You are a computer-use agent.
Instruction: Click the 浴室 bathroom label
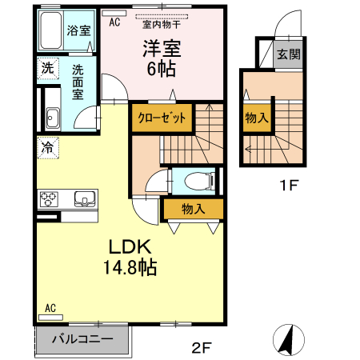coord(78,31)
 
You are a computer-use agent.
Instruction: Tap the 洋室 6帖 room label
coord(162,58)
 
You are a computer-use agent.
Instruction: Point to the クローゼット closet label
coord(162,118)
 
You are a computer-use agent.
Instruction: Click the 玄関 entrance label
coord(289,55)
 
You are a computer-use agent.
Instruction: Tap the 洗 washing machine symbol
coord(48,69)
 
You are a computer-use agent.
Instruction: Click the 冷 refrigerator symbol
coord(48,147)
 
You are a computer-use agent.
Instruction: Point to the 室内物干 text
coord(162,23)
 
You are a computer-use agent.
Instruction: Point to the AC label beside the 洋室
coord(114,22)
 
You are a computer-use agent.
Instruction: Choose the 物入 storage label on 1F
coord(256,118)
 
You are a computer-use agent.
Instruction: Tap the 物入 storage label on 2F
coord(192,210)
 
